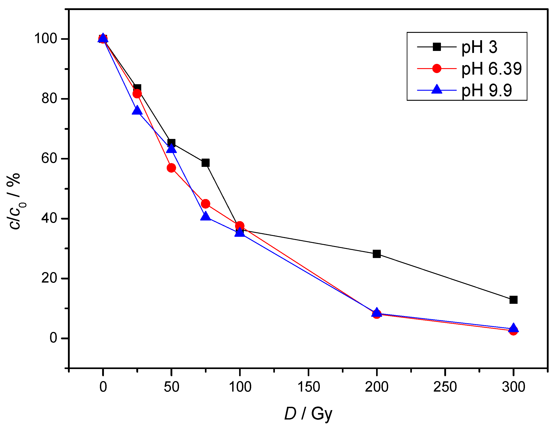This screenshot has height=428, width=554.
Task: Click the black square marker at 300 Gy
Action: tap(513, 300)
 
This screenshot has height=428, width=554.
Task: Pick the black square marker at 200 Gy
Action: tap(377, 254)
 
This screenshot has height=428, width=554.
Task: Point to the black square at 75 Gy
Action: tap(205, 163)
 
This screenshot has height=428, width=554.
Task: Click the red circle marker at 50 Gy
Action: tap(171, 168)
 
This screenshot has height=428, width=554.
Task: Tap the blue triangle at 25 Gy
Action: tap(137, 111)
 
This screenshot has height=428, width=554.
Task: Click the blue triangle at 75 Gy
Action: tap(205, 216)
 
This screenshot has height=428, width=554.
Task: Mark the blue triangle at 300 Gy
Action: tap(513, 328)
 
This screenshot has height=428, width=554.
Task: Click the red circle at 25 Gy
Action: tap(137, 94)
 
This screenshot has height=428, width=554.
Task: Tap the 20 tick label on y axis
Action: tap(49, 278)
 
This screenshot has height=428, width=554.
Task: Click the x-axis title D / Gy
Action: tap(308, 414)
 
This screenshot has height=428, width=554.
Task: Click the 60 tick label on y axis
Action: tap(49, 158)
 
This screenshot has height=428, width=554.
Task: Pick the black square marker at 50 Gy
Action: tap(171, 143)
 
